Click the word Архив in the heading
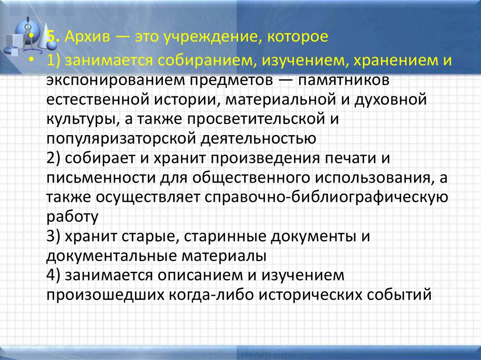(x=87, y=37)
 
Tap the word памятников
(x=343, y=80)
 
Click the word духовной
(x=390, y=100)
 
